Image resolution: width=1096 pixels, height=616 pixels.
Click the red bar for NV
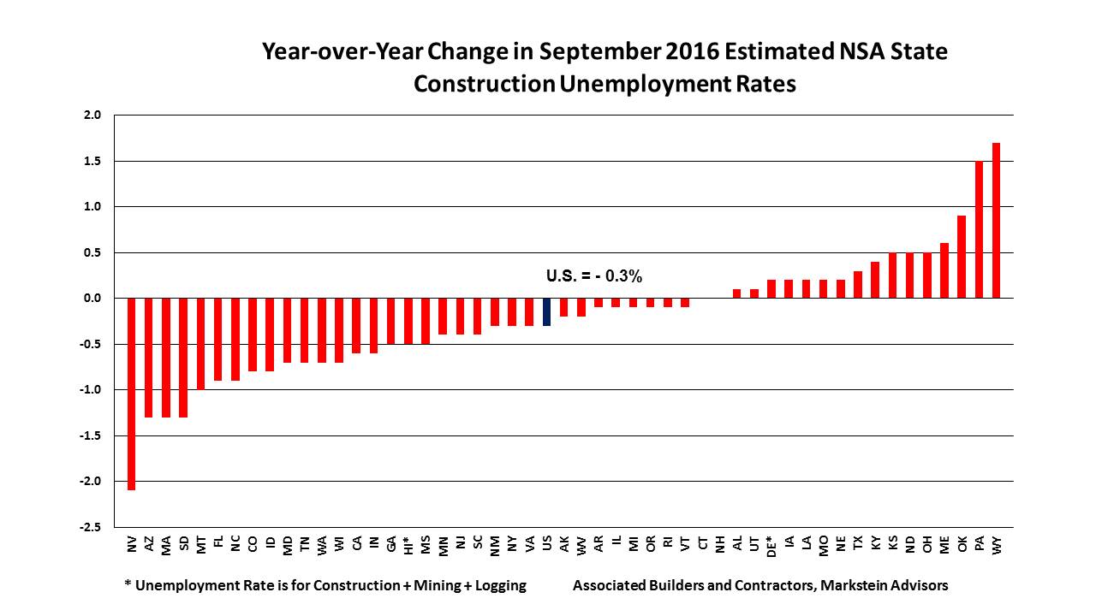point(132,394)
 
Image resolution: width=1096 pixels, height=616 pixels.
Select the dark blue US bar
point(547,311)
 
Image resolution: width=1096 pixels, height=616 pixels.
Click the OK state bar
point(962,257)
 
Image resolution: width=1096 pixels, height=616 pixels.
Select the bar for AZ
point(149,358)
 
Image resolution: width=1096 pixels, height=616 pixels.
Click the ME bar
point(944,270)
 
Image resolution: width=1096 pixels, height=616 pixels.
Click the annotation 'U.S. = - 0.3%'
point(593,276)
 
